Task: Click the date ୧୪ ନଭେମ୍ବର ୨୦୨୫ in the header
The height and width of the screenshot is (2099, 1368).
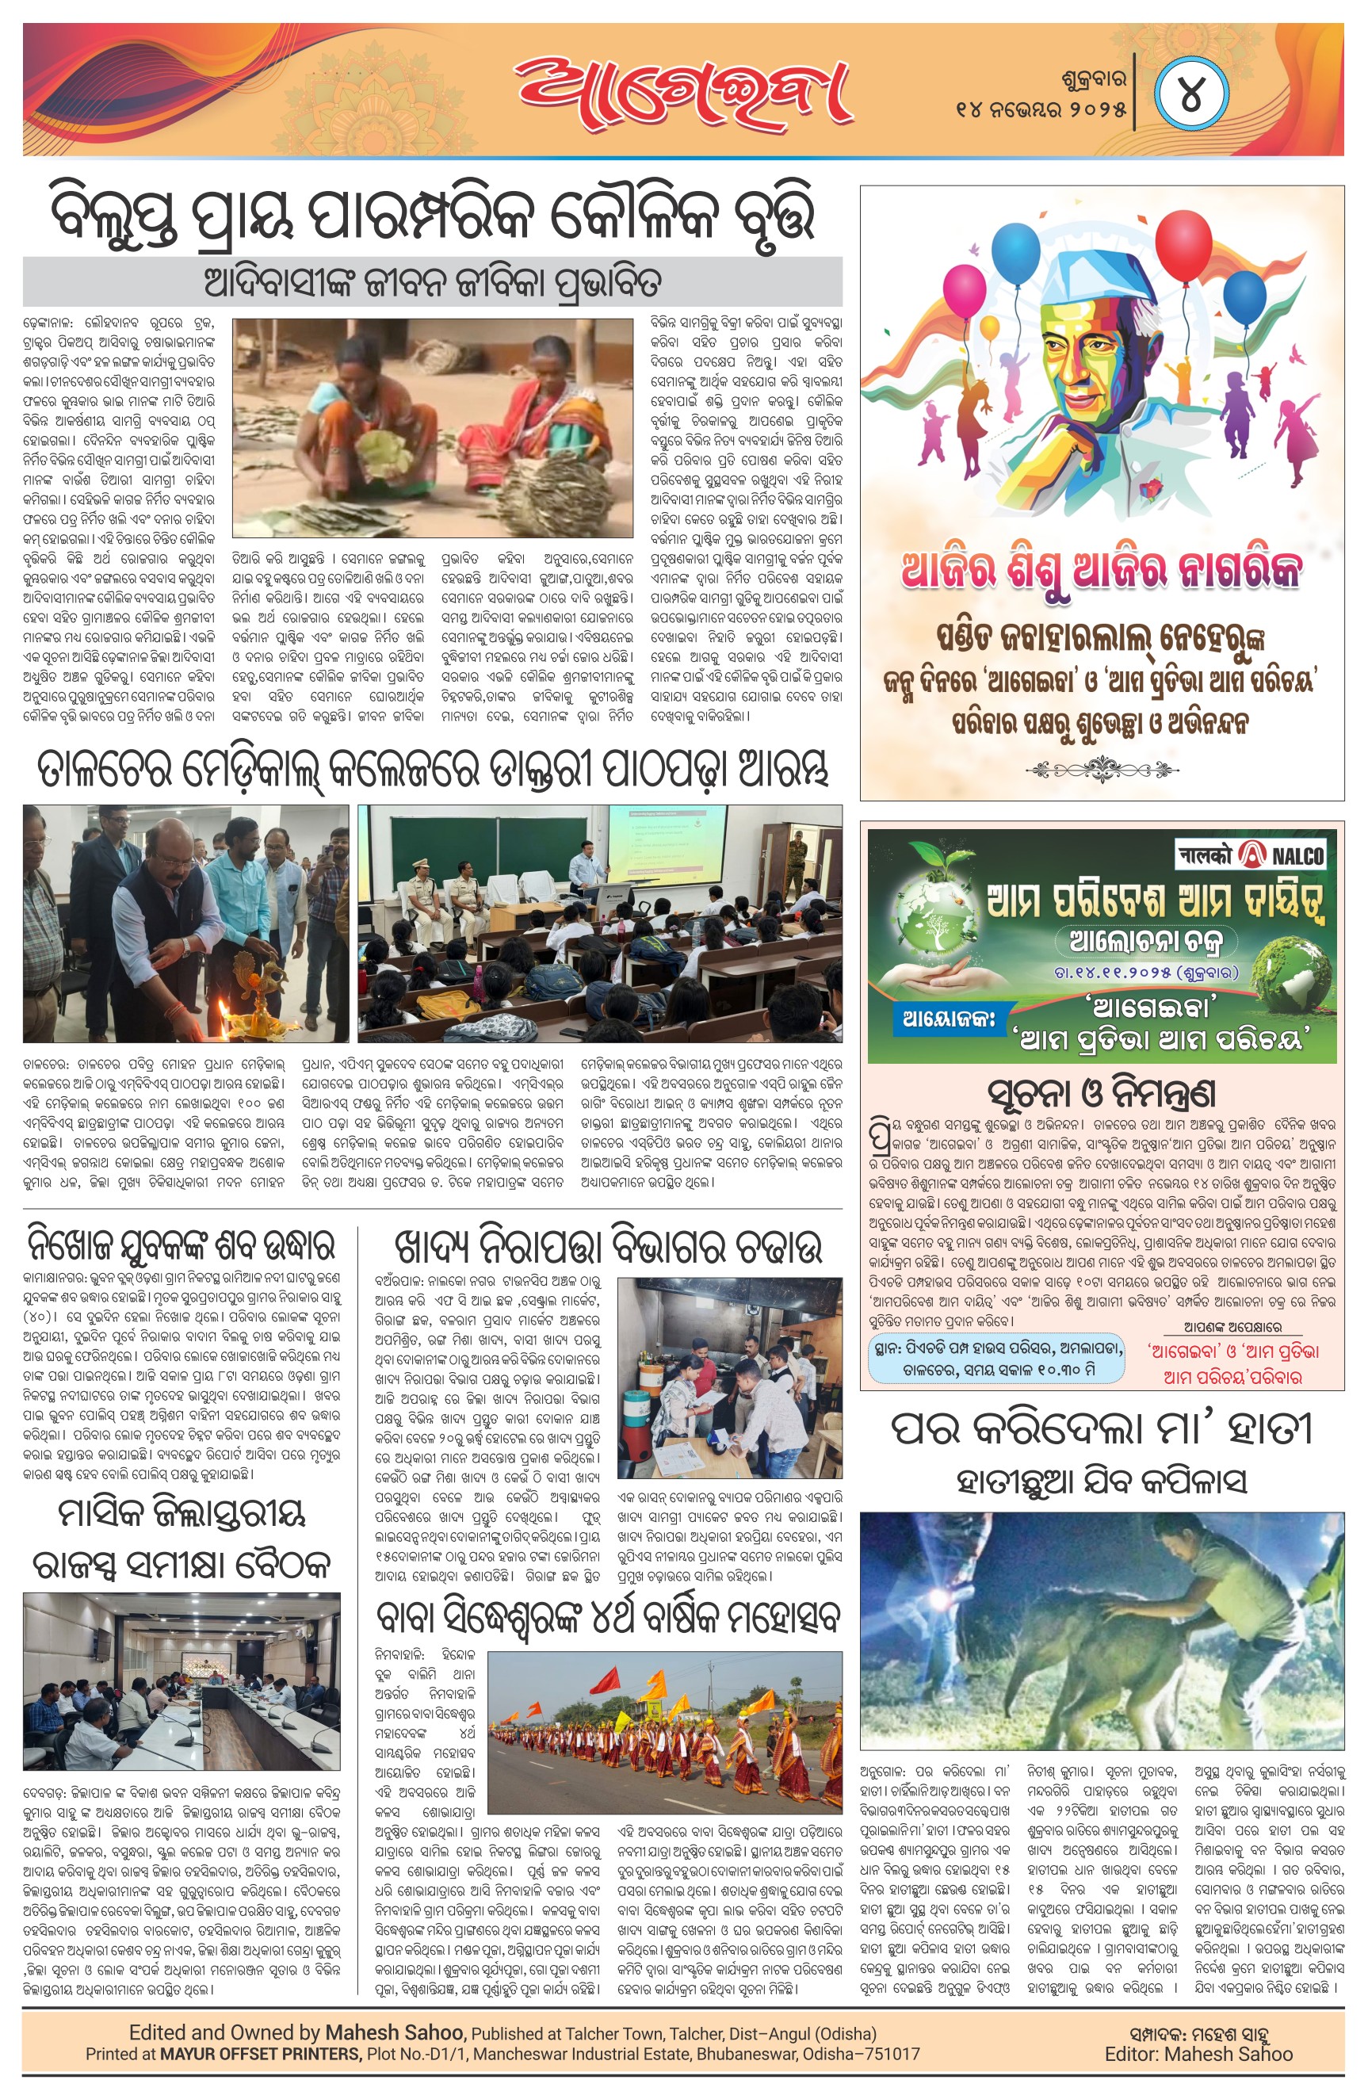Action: [x=1041, y=109]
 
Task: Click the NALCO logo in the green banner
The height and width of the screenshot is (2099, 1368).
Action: [x=1251, y=854]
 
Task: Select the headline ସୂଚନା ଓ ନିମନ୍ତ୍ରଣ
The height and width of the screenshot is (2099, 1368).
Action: [x=1102, y=1093]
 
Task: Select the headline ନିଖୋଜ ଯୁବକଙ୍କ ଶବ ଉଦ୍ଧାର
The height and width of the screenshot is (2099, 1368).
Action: [x=181, y=1246]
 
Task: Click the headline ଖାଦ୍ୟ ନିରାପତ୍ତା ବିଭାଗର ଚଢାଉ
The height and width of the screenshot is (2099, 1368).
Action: [x=609, y=1246]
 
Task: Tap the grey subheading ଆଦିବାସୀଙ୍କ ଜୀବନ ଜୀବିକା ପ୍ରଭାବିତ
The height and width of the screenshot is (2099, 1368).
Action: [x=432, y=282]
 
